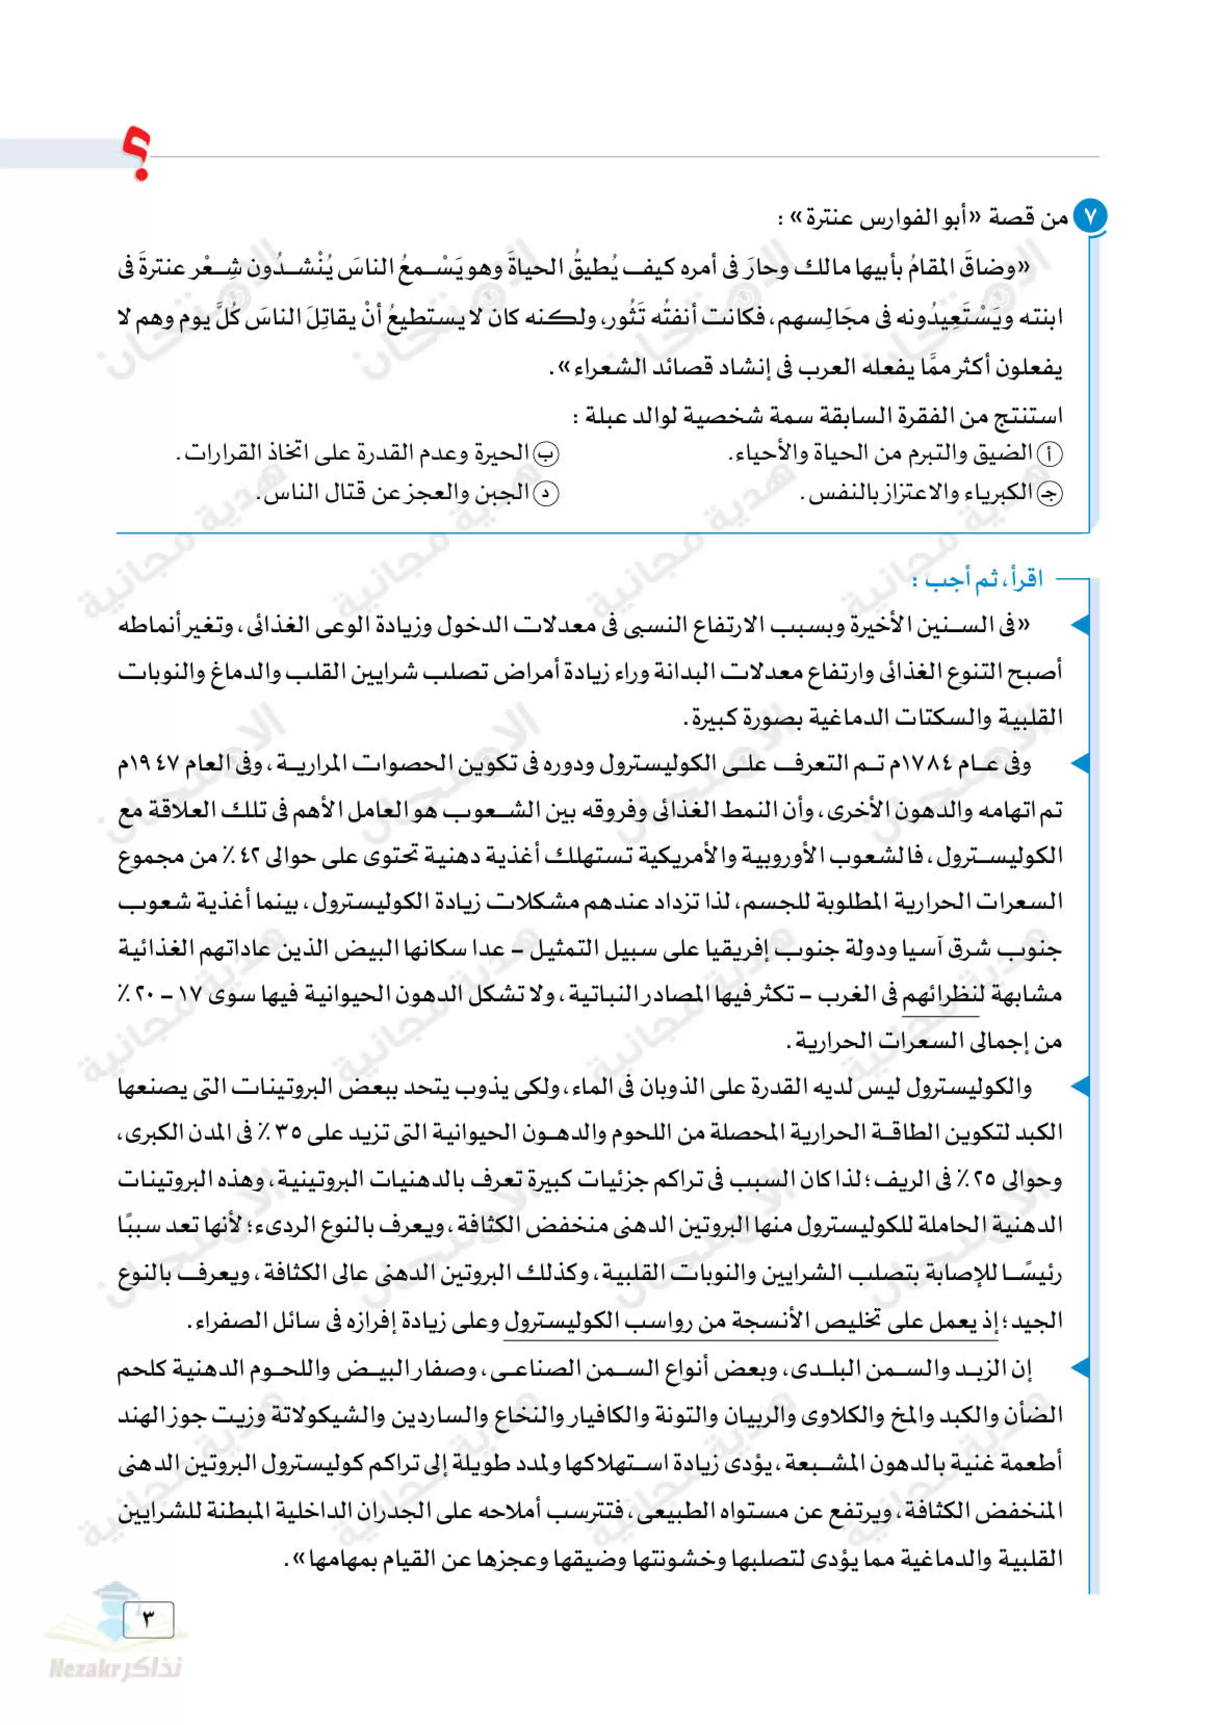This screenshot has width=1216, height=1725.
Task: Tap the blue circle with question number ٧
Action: [1089, 217]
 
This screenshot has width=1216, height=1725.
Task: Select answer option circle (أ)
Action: [1050, 454]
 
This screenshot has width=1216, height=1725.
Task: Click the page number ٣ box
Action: [148, 1618]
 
